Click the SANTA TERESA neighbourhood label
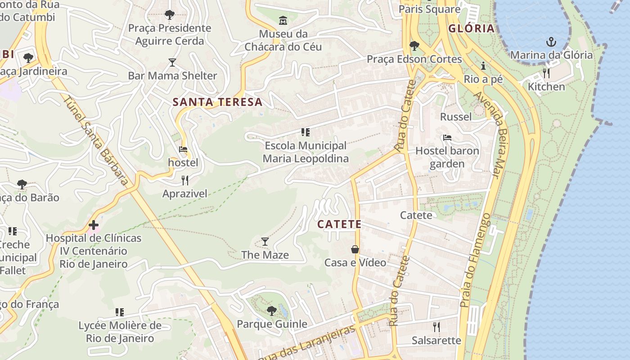click(x=218, y=102)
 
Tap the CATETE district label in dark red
click(x=339, y=224)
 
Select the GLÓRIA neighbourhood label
click(x=472, y=29)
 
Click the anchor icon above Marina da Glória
click(x=551, y=42)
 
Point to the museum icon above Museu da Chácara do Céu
click(x=283, y=20)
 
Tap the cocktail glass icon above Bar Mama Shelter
click(x=172, y=62)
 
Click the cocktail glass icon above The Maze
click(x=265, y=242)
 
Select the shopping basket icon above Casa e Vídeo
click(x=355, y=249)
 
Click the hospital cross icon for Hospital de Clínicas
click(x=94, y=225)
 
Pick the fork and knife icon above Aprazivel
click(x=185, y=180)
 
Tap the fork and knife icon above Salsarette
click(x=436, y=327)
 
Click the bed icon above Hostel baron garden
click(x=447, y=137)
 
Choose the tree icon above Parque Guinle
click(x=271, y=310)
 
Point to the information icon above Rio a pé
click(x=483, y=66)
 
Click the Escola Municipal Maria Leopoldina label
click(x=306, y=152)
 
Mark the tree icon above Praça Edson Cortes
click(x=414, y=46)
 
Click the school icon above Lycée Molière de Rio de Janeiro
click(x=120, y=312)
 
